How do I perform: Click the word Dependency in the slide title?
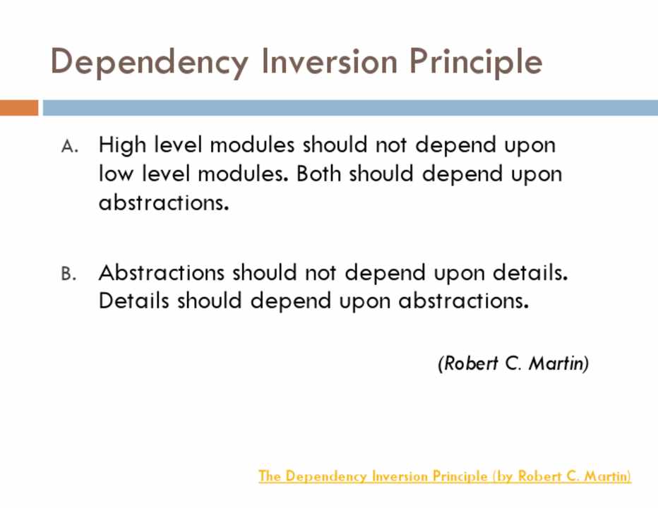click(x=150, y=63)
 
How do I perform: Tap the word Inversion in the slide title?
click(x=329, y=61)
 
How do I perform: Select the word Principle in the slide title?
click(x=476, y=63)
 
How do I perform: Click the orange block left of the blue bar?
click(x=19, y=107)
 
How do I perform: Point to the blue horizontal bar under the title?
click(x=350, y=107)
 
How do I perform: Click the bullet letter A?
click(x=70, y=146)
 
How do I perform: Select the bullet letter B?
click(x=68, y=274)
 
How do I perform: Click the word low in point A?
click(x=116, y=174)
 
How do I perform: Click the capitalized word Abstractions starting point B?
click(x=162, y=272)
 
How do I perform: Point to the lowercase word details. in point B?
click(x=530, y=272)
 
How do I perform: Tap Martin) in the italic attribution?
click(x=559, y=363)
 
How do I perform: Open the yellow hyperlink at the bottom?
click(x=445, y=476)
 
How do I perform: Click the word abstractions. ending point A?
click(x=164, y=202)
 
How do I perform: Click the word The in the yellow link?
click(x=270, y=476)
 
